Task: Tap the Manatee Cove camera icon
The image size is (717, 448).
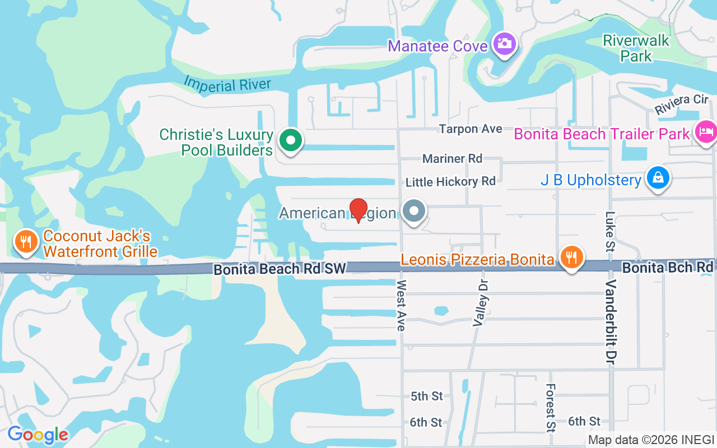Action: pyautogui.click(x=504, y=43)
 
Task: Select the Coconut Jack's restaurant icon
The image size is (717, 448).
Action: pyautogui.click(x=25, y=241)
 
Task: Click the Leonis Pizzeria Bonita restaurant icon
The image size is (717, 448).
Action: pyautogui.click(x=571, y=258)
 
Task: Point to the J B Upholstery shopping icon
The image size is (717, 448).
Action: pyautogui.click(x=658, y=178)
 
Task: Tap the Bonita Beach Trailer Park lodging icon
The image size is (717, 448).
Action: pyautogui.click(x=706, y=132)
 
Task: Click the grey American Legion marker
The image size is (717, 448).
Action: pyautogui.click(x=415, y=212)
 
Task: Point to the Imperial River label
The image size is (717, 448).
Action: pyautogui.click(x=227, y=85)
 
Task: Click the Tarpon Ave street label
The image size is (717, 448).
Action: pyautogui.click(x=470, y=129)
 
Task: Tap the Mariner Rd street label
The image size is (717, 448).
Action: pyautogui.click(x=452, y=158)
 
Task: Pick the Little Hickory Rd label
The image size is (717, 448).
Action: pyautogui.click(x=450, y=181)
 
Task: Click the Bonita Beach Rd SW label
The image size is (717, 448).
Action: pyautogui.click(x=278, y=269)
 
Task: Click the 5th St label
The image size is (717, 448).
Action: pyautogui.click(x=426, y=396)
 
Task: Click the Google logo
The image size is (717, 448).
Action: pyautogui.click(x=38, y=435)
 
